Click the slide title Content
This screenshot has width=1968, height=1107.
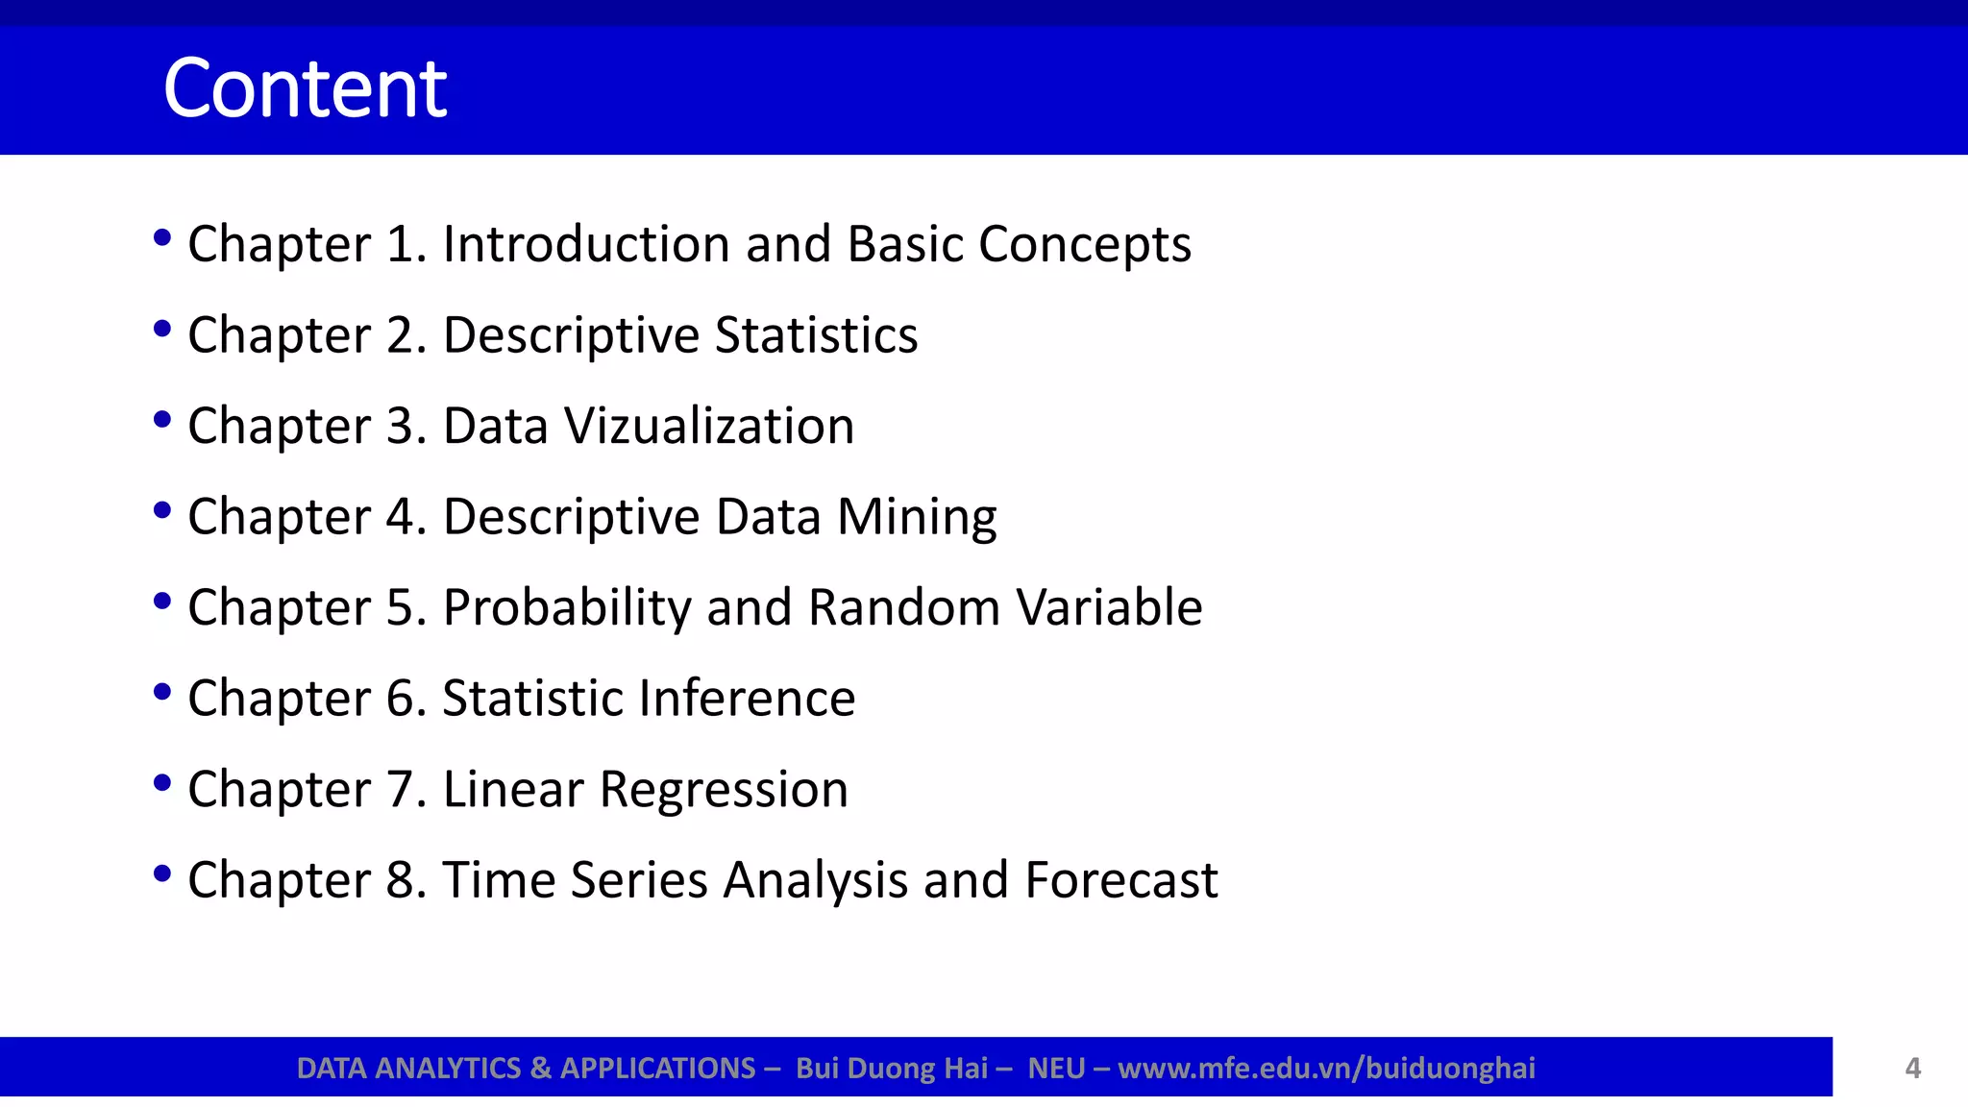point(305,88)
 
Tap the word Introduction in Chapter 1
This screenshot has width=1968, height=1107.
point(586,244)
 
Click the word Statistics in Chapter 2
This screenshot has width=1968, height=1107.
point(816,335)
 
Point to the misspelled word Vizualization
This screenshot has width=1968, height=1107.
point(709,426)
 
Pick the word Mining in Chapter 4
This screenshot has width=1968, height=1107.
point(917,517)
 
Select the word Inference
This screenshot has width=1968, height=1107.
point(744,698)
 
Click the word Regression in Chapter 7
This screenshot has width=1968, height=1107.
point(724,790)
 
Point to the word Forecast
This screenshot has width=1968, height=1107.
point(1120,880)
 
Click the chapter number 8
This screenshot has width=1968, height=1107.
point(400,880)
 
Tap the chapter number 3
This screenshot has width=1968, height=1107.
point(400,426)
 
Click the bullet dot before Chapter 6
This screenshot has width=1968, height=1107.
point(162,692)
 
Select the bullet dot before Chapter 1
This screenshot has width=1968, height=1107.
point(162,237)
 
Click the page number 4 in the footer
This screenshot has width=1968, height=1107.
point(1912,1069)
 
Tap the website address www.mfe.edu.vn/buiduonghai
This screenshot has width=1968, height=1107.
point(1326,1069)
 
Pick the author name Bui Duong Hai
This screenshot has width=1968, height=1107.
point(892,1069)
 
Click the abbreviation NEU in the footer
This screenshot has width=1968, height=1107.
point(1056,1069)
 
